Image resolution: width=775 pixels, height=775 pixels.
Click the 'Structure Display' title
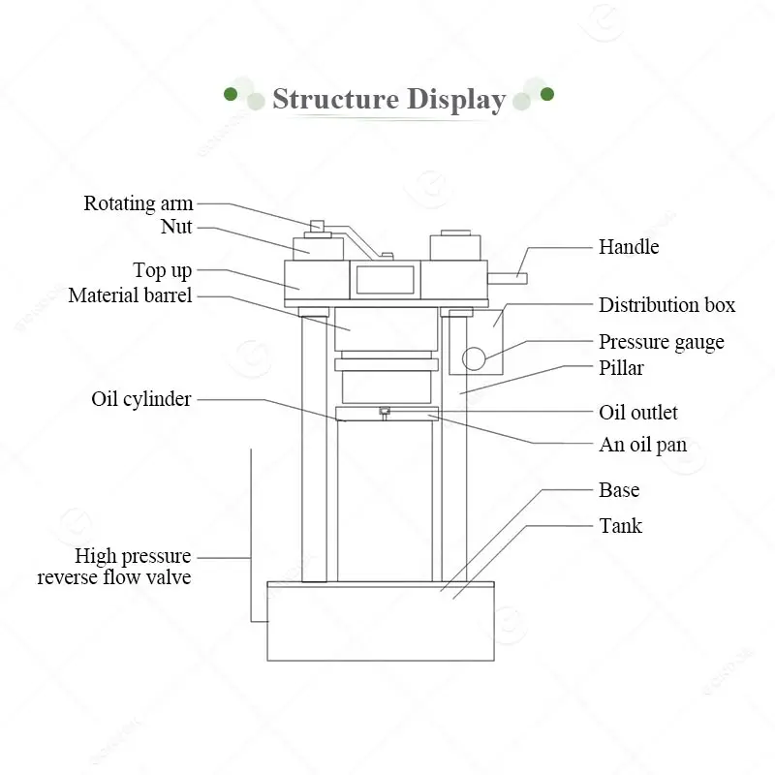pos(388,100)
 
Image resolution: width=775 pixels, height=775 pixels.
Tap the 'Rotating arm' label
pos(138,203)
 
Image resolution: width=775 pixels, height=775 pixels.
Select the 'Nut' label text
pos(176,228)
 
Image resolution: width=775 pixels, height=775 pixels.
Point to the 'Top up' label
pos(162,270)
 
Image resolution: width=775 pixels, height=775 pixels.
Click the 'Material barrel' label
pos(130,295)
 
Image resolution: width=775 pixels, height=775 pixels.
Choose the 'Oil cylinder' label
pos(140,399)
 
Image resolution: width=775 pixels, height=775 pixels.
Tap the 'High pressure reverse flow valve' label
pos(114,567)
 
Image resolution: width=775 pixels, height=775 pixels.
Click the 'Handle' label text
pos(628,247)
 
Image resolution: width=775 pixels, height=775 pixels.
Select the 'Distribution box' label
pos(666,305)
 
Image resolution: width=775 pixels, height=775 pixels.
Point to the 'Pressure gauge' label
pos(661,342)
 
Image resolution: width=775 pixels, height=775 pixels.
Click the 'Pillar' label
pos(621,368)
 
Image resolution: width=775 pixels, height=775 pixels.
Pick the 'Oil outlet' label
pos(637,413)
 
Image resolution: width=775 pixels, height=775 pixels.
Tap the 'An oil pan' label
pos(642,446)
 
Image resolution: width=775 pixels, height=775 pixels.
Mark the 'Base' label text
pos(619,490)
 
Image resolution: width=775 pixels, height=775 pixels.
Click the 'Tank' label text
pos(620,526)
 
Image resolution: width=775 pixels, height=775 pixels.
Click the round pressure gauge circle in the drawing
pos(474,358)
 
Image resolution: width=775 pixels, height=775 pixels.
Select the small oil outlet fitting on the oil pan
pos(385,412)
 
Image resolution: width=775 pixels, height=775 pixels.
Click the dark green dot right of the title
pos(547,94)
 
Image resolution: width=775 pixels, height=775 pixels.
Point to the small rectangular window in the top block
pos(385,279)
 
